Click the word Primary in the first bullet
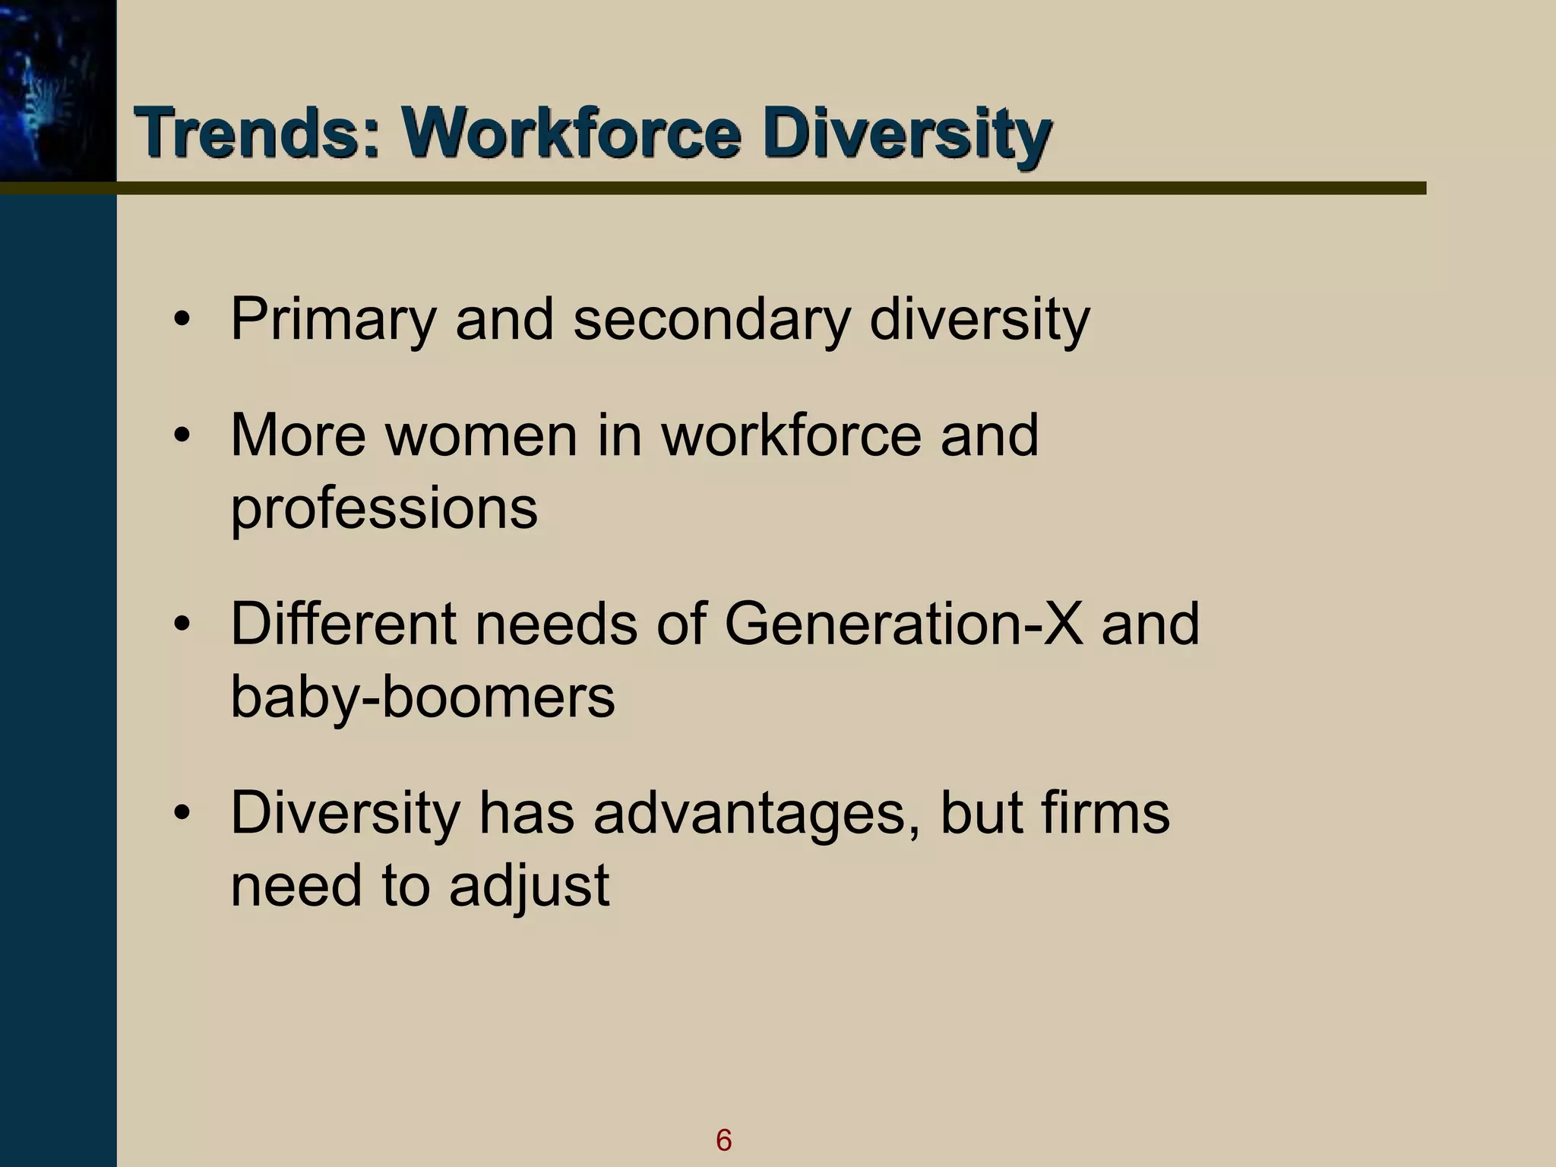333,321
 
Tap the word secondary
710,321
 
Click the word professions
384,508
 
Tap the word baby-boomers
422,697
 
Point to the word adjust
529,886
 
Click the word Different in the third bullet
343,624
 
